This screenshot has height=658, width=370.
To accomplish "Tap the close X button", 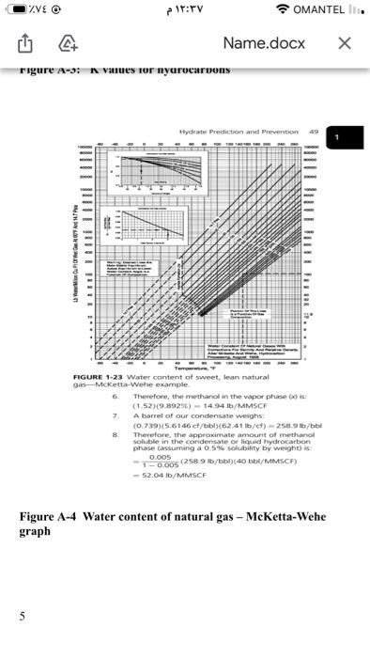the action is point(345,43).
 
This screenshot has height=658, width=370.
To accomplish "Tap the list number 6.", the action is point(115,423).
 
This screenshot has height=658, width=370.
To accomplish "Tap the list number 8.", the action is point(115,461).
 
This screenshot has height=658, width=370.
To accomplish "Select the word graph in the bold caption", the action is point(36,531).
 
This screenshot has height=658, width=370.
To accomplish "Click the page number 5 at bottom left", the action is point(22,616).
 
